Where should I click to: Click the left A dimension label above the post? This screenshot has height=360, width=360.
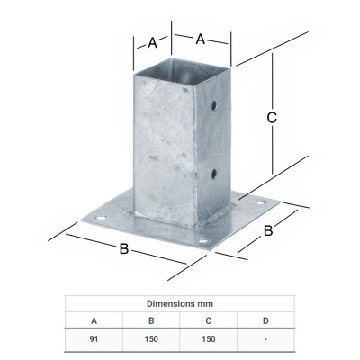(x=152, y=43)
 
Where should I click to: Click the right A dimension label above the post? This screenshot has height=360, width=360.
(x=201, y=40)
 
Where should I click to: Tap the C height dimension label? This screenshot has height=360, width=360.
(x=272, y=118)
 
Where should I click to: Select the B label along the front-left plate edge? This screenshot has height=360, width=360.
(x=124, y=248)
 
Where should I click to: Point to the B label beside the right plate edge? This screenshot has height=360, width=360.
(x=268, y=231)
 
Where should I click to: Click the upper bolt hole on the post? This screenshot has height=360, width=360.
(x=214, y=105)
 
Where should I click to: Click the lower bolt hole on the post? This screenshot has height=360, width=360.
(x=214, y=174)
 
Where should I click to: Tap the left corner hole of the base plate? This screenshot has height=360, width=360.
(x=101, y=218)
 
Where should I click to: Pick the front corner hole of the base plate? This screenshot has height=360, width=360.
(x=203, y=241)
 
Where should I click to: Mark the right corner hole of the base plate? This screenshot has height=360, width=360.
(x=261, y=202)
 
